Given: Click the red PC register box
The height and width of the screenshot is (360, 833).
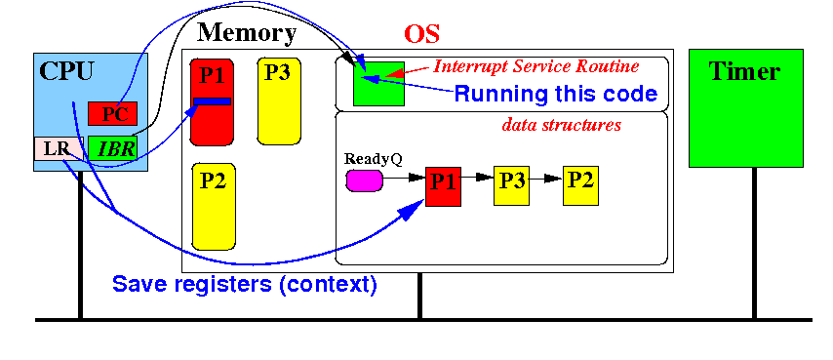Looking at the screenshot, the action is pos(112,113).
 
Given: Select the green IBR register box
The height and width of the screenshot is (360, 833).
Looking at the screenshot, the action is pos(112,148).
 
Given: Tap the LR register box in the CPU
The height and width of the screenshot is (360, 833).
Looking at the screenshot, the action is pos(59,148).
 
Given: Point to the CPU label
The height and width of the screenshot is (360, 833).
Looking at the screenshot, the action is pos(67,70).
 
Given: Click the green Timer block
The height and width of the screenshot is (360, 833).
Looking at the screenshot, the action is pos(746,108).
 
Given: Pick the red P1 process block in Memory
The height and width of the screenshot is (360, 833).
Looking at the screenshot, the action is pos(212,101).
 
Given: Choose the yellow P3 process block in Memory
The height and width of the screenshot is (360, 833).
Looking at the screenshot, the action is pos(279,101).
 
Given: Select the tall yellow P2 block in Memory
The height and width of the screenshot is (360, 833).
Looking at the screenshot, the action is pos(214,207).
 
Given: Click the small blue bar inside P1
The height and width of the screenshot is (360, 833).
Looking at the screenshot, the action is pos(212,101).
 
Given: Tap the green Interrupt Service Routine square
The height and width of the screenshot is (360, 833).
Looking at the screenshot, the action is pos(378,83).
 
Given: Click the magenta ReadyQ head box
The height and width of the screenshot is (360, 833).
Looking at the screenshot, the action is pos(365,180).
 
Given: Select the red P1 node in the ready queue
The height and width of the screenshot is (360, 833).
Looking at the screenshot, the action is pos(443,185).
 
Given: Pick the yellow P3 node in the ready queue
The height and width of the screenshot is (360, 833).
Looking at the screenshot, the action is pos(511,185).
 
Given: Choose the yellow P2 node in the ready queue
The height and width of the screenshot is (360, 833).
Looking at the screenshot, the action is pos(580,185).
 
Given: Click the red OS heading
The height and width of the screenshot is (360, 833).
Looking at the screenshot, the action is pos(421,34).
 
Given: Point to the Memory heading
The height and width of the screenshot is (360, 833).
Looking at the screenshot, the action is pos(247,33).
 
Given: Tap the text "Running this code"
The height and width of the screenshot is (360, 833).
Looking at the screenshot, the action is pos(556,94).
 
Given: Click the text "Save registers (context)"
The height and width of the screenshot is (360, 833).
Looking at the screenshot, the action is pos(245,284).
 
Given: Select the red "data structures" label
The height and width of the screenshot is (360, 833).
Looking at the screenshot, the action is pos(562,125).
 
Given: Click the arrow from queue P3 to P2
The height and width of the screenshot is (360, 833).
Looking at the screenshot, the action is pos(546,179).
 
